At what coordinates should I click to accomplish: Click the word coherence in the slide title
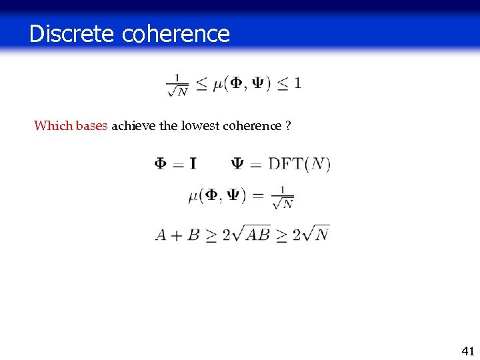176,33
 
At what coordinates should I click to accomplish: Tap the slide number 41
467,351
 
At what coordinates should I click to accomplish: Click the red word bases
91,125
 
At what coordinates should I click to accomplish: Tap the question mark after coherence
287,125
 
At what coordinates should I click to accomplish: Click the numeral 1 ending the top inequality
297,83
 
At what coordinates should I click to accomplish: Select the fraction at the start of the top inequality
177,85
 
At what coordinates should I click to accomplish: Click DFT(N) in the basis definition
299,163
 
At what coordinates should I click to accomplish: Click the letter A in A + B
161,235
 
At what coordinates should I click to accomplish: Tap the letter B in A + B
194,235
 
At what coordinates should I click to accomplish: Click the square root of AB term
252,233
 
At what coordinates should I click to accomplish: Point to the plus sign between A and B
177,235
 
